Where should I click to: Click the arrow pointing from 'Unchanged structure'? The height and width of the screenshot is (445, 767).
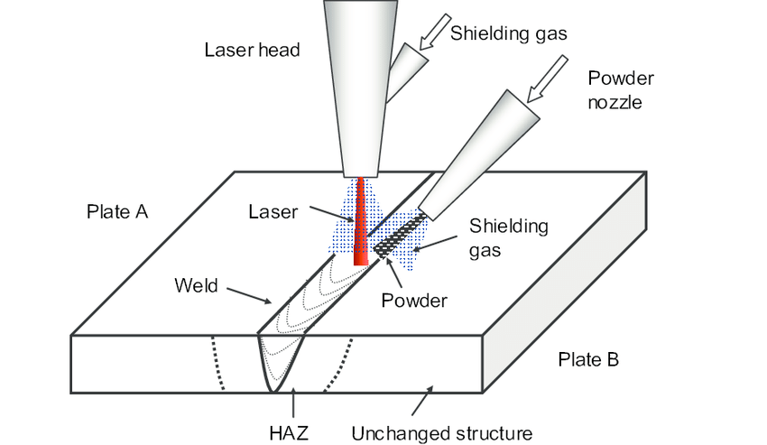pos(420,398)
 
